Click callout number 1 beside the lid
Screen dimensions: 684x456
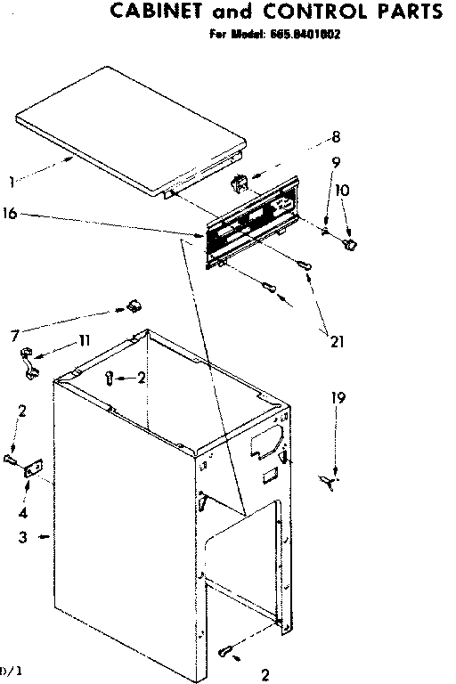pyautogui.click(x=11, y=183)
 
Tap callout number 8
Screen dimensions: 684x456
pyautogui.click(x=336, y=137)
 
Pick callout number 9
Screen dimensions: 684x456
pyautogui.click(x=336, y=162)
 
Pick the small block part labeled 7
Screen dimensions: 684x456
pyautogui.click(x=134, y=307)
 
